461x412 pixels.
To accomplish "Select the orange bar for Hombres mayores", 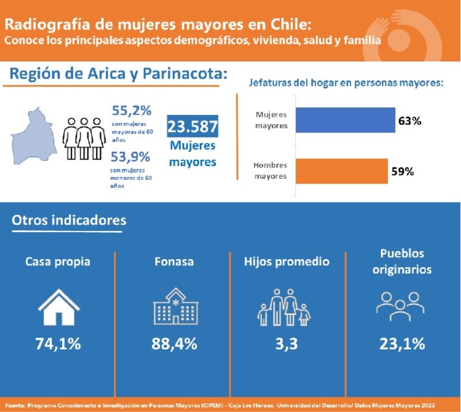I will click(x=342, y=172).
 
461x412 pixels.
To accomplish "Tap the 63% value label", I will click(x=409, y=121).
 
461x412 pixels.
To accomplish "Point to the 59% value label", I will click(x=403, y=172).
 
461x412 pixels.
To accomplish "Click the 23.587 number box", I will click(x=192, y=127).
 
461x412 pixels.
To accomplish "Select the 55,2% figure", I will click(x=132, y=111).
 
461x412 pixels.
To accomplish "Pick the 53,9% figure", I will click(x=132, y=156).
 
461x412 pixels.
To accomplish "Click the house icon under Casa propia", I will click(x=58, y=306).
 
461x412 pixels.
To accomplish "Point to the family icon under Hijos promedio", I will click(x=283, y=307).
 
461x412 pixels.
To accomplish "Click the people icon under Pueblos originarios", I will click(x=400, y=306).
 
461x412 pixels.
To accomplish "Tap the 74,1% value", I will click(x=58, y=344).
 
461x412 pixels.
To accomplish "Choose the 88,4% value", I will click(x=175, y=344).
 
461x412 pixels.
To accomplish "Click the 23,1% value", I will click(x=402, y=344).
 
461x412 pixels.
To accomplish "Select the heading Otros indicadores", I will click(x=69, y=220).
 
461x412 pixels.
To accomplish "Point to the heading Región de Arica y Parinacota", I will click(x=119, y=74).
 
